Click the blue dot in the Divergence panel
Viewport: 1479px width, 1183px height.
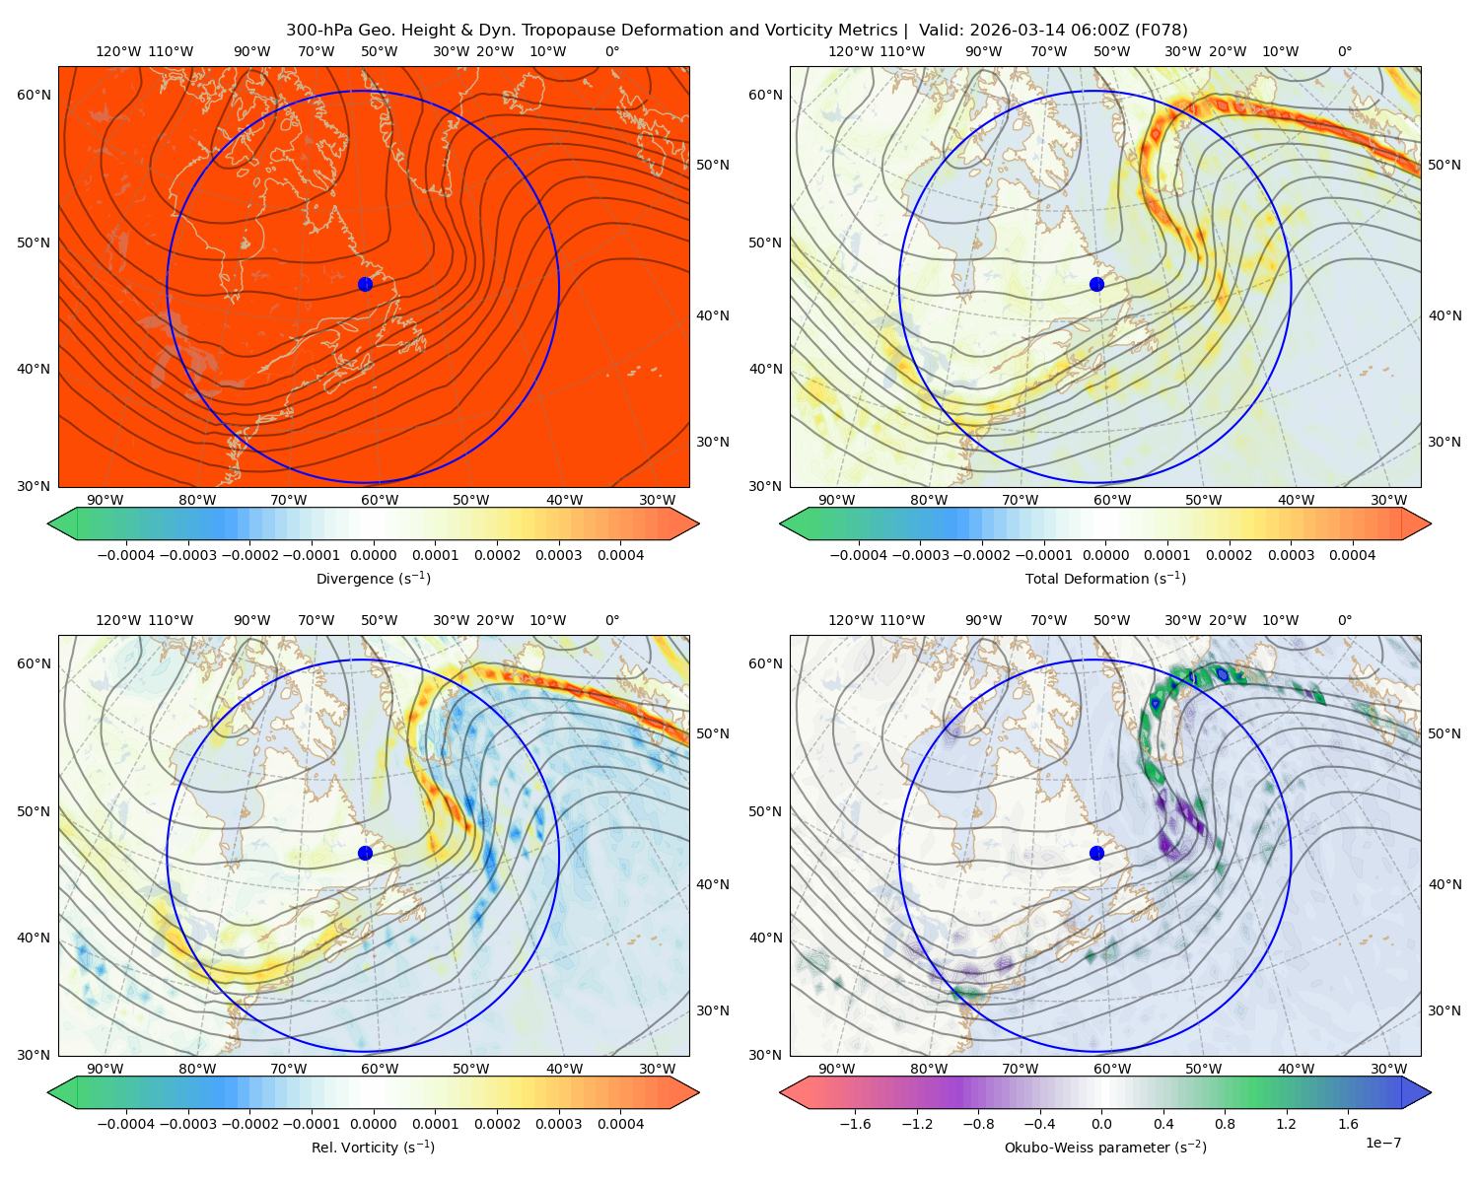[365, 285]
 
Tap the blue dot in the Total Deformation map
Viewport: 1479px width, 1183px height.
[1096, 285]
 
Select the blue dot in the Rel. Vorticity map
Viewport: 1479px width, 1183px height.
[365, 853]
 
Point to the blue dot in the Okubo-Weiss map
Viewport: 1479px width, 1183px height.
[1096, 853]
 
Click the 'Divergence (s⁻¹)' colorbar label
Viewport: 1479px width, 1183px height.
[373, 578]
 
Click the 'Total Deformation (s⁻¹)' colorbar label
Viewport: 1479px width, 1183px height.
[1105, 578]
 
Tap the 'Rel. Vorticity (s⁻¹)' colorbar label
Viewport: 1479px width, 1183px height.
[373, 1147]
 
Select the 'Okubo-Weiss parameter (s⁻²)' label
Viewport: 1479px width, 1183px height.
[1105, 1147]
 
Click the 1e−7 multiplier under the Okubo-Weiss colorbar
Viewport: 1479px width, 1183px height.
[1382, 1143]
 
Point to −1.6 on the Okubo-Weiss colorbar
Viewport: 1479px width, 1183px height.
[855, 1124]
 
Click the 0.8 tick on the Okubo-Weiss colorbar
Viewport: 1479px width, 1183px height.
[1225, 1124]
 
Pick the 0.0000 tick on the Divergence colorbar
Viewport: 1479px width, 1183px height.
[373, 555]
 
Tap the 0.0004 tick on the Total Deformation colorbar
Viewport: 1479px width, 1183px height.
[1352, 555]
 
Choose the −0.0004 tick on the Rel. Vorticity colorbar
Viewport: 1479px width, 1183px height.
[126, 1124]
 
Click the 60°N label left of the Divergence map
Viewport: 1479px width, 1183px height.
[35, 95]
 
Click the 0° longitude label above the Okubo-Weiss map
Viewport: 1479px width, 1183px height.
[1344, 620]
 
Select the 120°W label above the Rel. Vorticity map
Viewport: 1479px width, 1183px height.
[118, 620]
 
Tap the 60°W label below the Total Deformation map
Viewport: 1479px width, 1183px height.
[1111, 500]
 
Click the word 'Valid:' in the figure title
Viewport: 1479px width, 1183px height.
[942, 31]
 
